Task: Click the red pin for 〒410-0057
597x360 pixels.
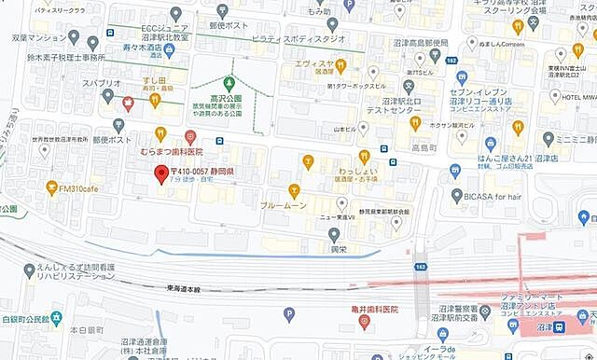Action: (160, 173)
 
